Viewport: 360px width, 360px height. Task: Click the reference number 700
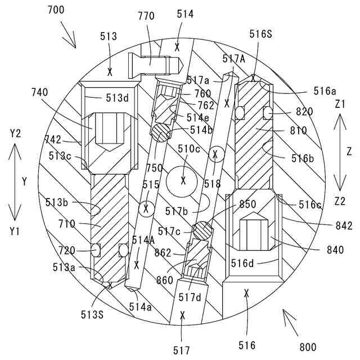point(56,10)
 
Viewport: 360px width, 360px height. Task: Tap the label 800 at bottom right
point(308,346)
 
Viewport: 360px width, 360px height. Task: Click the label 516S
point(260,34)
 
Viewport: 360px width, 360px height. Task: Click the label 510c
point(189,149)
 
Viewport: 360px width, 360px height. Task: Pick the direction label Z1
point(339,104)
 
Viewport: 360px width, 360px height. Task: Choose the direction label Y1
point(15,231)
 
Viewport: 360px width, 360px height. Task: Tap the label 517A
point(233,58)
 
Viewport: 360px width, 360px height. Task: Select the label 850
point(247,204)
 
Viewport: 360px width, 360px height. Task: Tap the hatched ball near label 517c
point(202,231)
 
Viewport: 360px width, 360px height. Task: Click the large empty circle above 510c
point(183,180)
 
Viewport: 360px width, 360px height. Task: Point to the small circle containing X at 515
point(146,208)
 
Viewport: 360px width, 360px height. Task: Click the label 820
point(304,112)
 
